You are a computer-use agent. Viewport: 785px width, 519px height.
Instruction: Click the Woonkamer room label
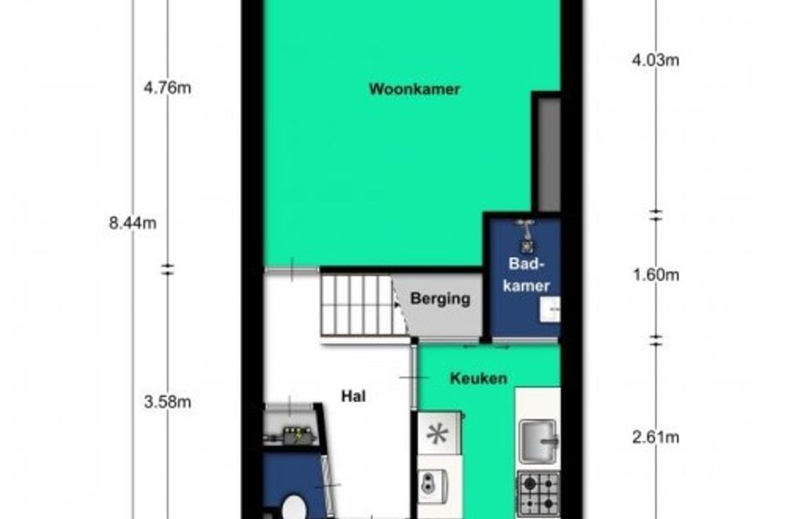(x=415, y=89)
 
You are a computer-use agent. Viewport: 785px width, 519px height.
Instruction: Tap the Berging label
(x=440, y=299)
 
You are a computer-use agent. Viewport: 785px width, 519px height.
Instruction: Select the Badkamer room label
(x=526, y=274)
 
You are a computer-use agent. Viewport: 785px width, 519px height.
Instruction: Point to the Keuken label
(x=478, y=378)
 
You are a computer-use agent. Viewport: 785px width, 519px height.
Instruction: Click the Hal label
(x=353, y=396)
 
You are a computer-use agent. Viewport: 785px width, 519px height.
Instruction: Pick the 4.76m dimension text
(x=167, y=88)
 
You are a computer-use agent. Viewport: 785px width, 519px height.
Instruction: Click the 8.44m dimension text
(x=133, y=223)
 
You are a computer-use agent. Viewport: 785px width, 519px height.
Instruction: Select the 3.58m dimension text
(x=167, y=402)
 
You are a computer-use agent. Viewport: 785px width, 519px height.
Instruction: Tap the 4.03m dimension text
(x=655, y=61)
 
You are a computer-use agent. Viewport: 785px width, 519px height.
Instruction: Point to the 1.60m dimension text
(x=656, y=275)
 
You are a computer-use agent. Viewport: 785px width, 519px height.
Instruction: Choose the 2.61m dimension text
(x=655, y=438)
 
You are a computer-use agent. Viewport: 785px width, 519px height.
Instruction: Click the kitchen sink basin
(x=538, y=441)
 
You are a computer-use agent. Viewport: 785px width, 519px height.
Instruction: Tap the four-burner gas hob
(x=538, y=493)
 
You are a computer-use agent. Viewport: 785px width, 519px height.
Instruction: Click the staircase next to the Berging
(x=356, y=305)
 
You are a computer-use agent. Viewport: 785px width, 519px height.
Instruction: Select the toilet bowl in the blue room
(x=294, y=507)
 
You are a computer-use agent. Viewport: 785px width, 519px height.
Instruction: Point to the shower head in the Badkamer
(x=526, y=236)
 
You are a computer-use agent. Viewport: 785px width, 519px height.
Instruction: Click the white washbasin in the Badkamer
(x=550, y=309)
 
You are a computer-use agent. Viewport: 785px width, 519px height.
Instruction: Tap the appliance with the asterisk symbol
(x=438, y=433)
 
